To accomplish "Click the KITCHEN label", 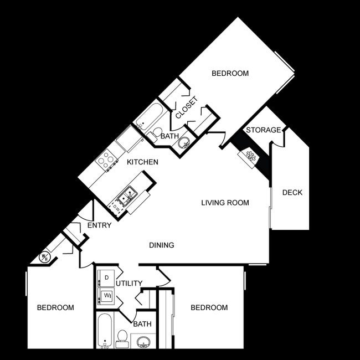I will (x=142, y=162).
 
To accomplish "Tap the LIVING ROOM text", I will (x=225, y=203).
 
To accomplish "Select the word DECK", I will (x=292, y=193).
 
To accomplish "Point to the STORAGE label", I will (x=263, y=130).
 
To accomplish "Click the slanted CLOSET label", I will (x=186, y=109).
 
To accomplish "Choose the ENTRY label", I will (x=99, y=225).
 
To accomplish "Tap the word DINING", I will (x=162, y=245).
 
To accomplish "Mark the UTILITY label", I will (x=129, y=283).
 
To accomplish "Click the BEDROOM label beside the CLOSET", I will (x=230, y=73).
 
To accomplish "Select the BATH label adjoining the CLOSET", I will (x=169, y=136).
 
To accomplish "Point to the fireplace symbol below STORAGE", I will (x=249, y=156).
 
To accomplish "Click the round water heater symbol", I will (x=45, y=257).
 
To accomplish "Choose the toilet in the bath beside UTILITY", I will (x=122, y=337).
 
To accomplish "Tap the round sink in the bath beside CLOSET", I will (x=184, y=143).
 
